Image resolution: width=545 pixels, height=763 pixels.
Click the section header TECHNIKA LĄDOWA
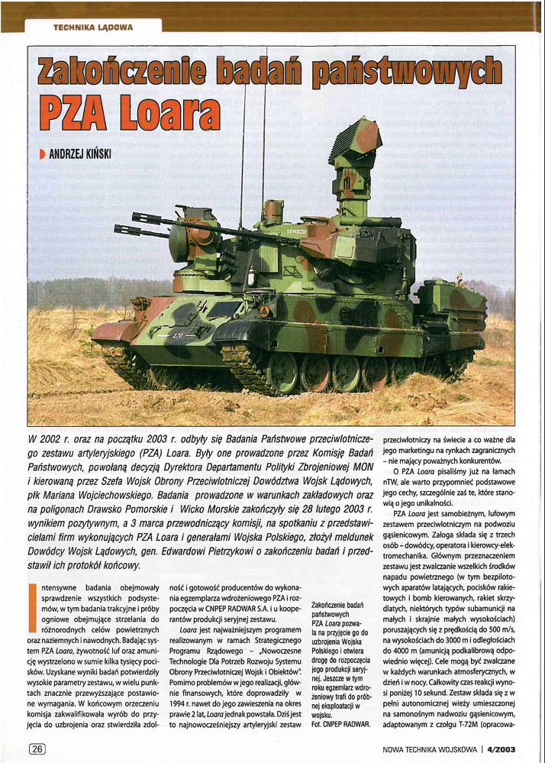tap(93, 27)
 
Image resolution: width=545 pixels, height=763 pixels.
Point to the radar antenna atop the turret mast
tap(356, 145)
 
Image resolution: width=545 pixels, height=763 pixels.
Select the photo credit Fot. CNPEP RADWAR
tap(341, 722)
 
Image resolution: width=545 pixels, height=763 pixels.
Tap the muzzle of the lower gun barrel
tap(118, 229)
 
